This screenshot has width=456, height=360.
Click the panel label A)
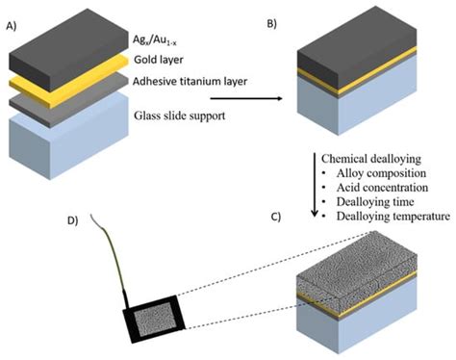13,13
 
